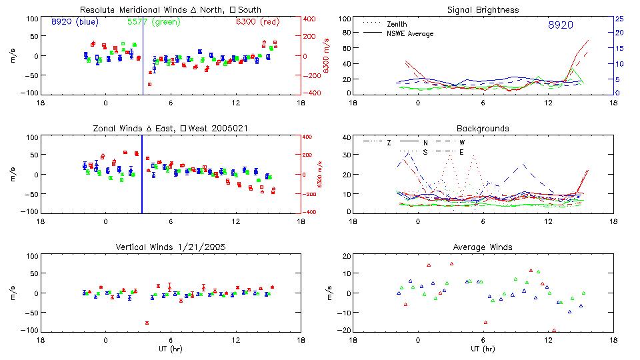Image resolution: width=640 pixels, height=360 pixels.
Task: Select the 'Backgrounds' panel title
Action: pos(484,128)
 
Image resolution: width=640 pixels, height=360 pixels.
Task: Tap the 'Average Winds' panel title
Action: pos(484,247)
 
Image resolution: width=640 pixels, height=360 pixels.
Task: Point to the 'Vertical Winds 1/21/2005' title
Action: pos(171,247)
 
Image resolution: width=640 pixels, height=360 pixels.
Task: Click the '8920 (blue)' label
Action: pos(74,22)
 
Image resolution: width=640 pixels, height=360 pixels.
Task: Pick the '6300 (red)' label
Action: pos(257,22)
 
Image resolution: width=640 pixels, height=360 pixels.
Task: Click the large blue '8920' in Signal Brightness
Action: pos(561,25)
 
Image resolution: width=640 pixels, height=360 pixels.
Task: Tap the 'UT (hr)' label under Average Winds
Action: pos(484,349)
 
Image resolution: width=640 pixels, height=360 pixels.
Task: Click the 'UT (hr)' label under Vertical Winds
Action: pos(171,349)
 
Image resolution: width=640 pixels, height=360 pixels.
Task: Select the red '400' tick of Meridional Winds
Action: pos(311,19)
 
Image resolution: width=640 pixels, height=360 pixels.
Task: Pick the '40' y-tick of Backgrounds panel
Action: pos(347,137)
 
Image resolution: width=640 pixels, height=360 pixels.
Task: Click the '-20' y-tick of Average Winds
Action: pos(345,331)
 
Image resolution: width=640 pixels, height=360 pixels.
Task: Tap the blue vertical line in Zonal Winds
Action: pos(142,175)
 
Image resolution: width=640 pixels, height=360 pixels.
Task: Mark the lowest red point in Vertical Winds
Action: pos(147,323)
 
